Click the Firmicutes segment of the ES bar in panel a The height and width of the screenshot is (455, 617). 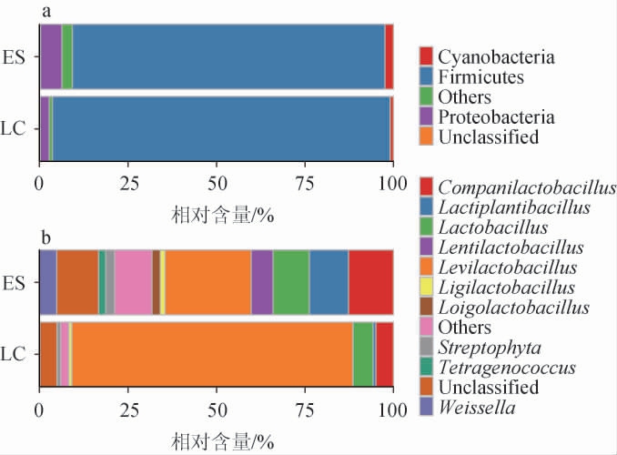pyautogui.click(x=228, y=56)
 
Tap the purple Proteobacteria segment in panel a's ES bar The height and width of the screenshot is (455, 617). pyautogui.click(x=50, y=56)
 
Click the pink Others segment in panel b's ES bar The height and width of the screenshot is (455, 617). pyautogui.click(x=133, y=281)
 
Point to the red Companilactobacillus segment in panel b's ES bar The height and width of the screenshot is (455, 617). pyautogui.click(x=370, y=281)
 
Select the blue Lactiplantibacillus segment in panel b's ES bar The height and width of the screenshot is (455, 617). pyautogui.click(x=329, y=281)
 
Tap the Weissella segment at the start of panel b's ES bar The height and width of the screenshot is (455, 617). pyautogui.click(x=47, y=281)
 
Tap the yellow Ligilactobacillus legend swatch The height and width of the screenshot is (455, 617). pyautogui.click(x=426, y=288)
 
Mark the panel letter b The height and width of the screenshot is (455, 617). pyautogui.click(x=46, y=238)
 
